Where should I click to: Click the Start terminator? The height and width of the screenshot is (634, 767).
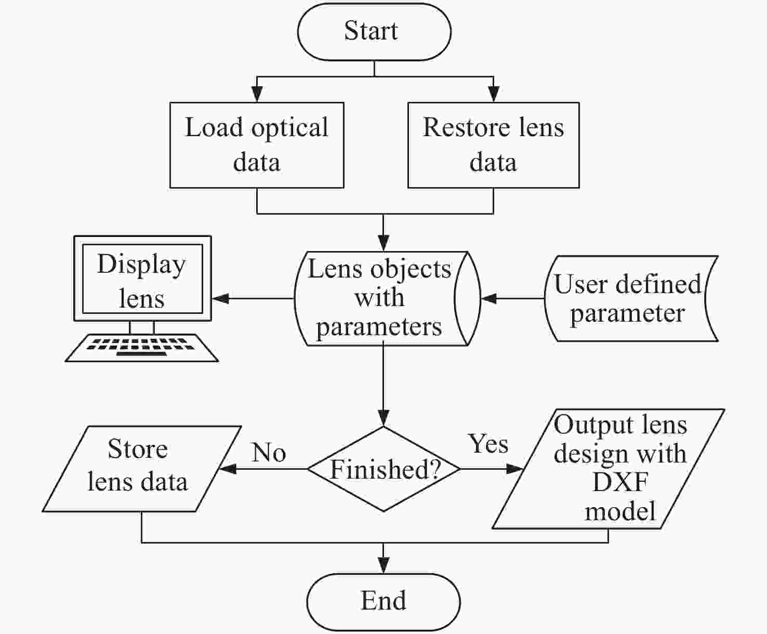(x=374, y=32)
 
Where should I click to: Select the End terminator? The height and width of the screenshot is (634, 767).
(x=383, y=602)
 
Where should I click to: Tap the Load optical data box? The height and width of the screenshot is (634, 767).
(x=257, y=146)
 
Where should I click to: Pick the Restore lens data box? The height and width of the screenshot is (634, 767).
(x=493, y=146)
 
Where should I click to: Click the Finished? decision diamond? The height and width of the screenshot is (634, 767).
(x=383, y=469)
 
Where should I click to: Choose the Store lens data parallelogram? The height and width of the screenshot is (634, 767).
(x=142, y=469)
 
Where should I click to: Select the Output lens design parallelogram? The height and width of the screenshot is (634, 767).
(x=609, y=469)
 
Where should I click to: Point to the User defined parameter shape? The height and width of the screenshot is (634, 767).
(x=631, y=299)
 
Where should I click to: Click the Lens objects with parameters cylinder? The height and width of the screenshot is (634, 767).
(x=387, y=299)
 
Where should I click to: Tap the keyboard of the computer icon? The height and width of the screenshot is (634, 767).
(x=142, y=348)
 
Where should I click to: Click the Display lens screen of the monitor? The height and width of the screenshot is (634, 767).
(x=142, y=279)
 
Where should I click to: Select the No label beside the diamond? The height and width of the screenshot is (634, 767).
(x=269, y=452)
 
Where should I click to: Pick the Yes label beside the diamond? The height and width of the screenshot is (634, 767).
(x=488, y=443)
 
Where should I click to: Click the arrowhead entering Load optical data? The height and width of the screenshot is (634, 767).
(x=257, y=94)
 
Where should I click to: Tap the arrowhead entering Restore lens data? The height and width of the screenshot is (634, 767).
(x=493, y=94)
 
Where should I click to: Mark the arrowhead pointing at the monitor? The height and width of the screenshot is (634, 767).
(x=220, y=299)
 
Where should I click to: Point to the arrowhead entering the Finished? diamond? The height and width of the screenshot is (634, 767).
(x=383, y=418)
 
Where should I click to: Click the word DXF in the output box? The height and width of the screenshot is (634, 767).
(x=620, y=482)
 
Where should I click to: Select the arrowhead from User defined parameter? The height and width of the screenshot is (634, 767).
(x=489, y=299)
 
